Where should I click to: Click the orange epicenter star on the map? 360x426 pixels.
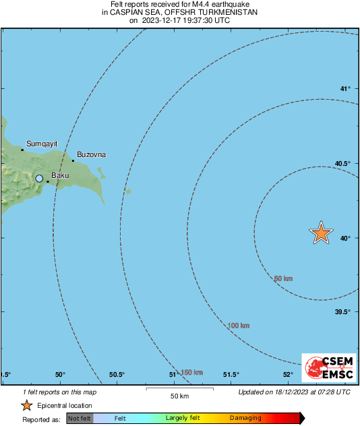[x=321, y=233]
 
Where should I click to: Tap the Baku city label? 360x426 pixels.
[x=61, y=176]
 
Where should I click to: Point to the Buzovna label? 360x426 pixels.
[x=91, y=154]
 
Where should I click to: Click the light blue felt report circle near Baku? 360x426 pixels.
[x=39, y=179]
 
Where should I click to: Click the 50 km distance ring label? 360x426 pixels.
[x=283, y=278]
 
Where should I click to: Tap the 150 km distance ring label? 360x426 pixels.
[x=191, y=372]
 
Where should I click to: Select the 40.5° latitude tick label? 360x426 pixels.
[x=343, y=164]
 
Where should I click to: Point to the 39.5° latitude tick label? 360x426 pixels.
[x=343, y=311]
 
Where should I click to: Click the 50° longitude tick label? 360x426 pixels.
[x=60, y=375]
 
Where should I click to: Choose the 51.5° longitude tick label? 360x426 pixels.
[x=231, y=375]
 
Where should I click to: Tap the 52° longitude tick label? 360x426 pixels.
[x=288, y=375]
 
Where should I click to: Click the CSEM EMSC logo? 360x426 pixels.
[x=326, y=368]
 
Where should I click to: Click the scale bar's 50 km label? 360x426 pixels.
[x=179, y=395]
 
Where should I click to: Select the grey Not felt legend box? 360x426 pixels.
[x=80, y=419]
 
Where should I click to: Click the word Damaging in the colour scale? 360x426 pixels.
[x=245, y=419]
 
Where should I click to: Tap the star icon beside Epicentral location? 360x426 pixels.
[x=26, y=406]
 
